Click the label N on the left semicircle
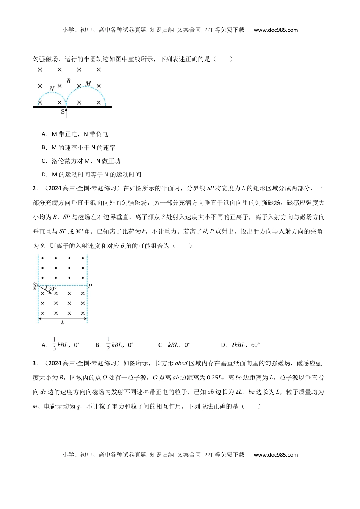[x=52, y=89]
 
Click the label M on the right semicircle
[x=88, y=83]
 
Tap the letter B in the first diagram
[x=69, y=81]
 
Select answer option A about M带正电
[x=75, y=134]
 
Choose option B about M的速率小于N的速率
[x=79, y=148]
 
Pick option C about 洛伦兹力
[x=81, y=161]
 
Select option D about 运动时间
[x=91, y=175]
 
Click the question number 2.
[x=35, y=188]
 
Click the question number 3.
[x=35, y=363]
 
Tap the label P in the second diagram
[x=90, y=286]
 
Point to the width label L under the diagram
[x=63, y=322]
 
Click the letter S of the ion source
[x=34, y=289]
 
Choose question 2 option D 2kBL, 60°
[x=240, y=345]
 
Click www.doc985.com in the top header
[x=275, y=30]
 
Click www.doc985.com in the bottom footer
[x=275, y=455]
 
